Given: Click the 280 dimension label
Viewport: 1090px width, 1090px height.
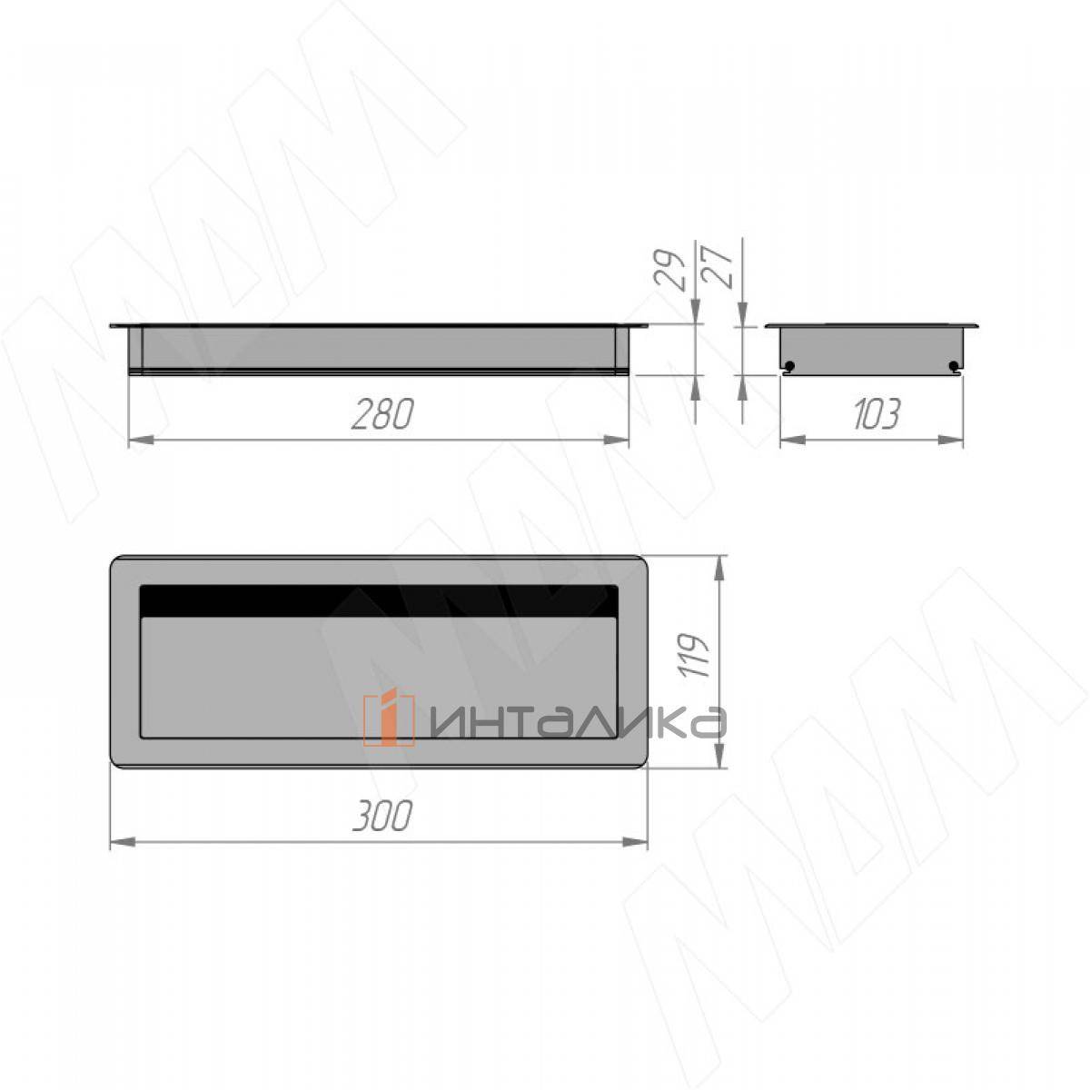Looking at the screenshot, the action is point(383,414).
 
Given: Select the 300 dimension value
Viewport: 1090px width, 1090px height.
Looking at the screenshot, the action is point(382,817).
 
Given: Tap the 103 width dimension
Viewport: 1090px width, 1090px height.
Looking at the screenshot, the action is point(876,414).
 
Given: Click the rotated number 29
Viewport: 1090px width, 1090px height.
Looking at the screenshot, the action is point(669,270).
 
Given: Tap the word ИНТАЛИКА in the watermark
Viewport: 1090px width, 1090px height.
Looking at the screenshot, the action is point(577,723).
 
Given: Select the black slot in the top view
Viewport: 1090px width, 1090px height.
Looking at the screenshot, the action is point(379,600).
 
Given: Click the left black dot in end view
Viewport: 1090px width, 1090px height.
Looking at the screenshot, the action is point(790,366).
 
